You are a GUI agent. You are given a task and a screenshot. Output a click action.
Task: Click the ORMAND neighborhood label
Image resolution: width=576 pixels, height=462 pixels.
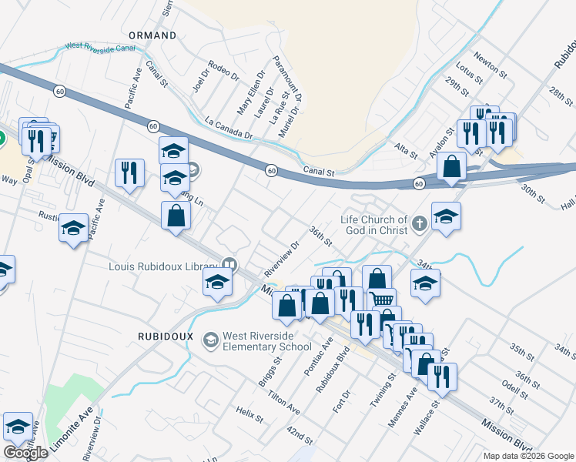pyautogui.click(x=152, y=35)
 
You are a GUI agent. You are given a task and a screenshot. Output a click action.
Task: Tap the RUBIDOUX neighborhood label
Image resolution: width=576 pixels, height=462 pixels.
pyautogui.click(x=165, y=336)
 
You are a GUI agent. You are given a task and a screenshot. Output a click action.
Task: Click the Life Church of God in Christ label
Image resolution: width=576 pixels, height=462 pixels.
pyautogui.click(x=374, y=225)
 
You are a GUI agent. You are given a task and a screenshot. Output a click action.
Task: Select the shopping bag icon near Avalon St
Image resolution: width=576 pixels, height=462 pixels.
pyautogui.click(x=451, y=166)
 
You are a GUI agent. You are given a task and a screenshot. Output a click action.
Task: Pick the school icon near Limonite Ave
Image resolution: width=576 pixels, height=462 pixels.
pyautogui.click(x=18, y=426)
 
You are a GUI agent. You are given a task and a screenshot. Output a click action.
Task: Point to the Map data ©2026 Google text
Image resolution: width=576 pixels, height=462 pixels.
pyautogui.click(x=529, y=456)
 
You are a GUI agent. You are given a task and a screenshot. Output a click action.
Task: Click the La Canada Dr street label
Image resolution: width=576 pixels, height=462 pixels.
pyautogui.click(x=229, y=129)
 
